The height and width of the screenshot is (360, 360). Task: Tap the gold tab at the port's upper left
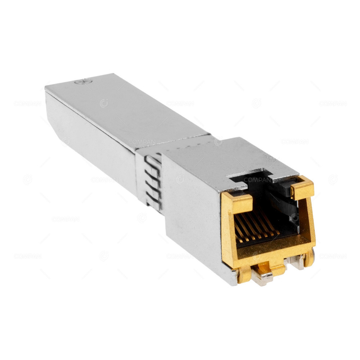coord(236,202)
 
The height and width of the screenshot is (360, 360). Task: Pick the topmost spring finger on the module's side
coord(154,158)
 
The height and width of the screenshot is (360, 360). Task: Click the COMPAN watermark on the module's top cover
coord(142,142)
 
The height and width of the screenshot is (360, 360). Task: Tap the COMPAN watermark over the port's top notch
coord(257,179)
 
